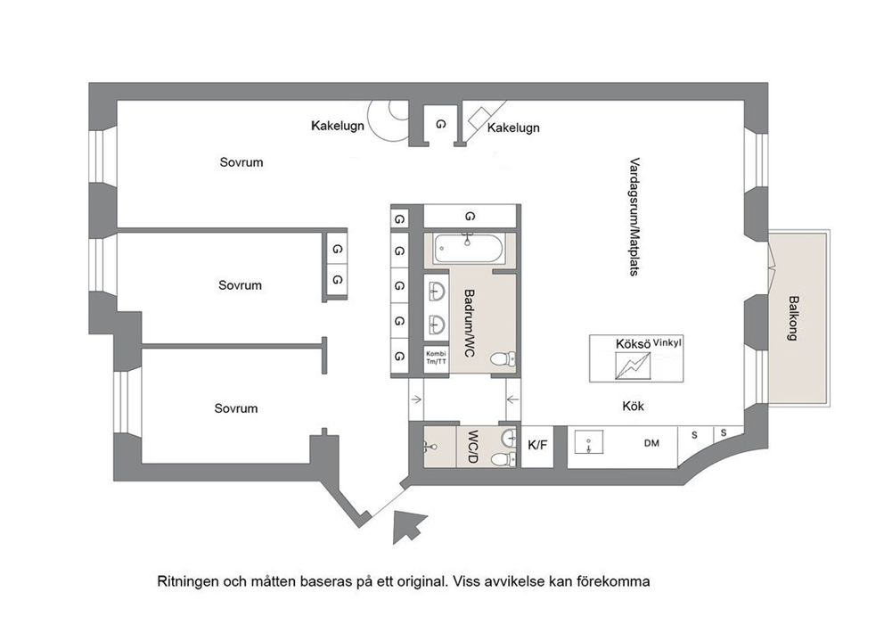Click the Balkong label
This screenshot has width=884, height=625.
click(793, 318)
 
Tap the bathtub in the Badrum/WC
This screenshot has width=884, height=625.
click(468, 249)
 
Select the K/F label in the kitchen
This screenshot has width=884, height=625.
click(537, 446)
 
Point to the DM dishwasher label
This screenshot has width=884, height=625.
click(651, 443)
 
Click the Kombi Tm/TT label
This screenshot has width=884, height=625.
click(436, 358)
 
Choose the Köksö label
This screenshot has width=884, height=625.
click(633, 344)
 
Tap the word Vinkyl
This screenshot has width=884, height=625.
click(667, 342)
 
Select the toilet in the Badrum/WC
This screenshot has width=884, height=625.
click(503, 358)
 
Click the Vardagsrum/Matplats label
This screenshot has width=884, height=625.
click(634, 217)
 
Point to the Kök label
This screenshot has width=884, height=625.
click(633, 407)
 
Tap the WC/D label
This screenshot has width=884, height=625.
click(472, 448)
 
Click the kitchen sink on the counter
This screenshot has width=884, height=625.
click(588, 441)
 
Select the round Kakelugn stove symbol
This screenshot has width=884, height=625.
click(389, 120)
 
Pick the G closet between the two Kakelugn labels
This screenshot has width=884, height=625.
click(440, 124)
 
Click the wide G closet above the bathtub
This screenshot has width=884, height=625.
click(470, 216)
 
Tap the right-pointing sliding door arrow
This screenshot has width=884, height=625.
click(416, 400)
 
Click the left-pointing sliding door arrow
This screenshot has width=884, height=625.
click(513, 400)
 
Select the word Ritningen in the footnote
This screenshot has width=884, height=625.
click(188, 581)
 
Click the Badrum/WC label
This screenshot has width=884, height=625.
click(469, 324)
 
